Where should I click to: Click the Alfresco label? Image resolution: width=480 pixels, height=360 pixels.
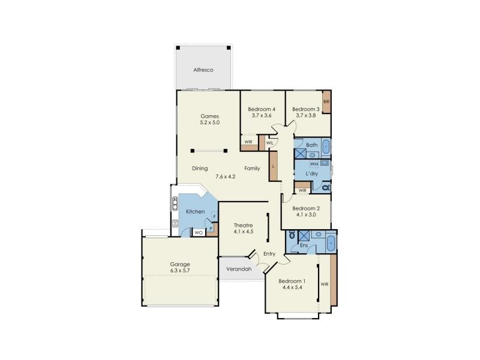203,70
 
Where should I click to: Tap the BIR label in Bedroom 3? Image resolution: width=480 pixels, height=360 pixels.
326,102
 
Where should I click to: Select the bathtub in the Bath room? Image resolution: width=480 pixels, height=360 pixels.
325,146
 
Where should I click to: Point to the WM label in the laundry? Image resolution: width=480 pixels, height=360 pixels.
314,164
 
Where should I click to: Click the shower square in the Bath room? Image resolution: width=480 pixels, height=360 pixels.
300,153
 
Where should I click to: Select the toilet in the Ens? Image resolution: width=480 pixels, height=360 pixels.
292,236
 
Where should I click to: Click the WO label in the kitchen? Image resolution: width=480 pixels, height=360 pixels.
198,232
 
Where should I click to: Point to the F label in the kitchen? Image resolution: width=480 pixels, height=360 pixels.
214,216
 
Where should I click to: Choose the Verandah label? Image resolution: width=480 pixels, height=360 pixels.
239,269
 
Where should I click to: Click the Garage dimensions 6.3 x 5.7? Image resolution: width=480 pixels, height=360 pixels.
180,271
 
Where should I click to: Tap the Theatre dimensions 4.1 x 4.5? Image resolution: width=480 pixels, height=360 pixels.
244,232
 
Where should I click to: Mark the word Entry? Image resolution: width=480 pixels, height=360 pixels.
269,254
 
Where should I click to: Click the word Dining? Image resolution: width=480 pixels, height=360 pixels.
200,169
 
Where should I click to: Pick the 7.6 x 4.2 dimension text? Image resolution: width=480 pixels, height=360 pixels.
226,176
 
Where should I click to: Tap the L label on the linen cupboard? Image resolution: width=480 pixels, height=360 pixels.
273,166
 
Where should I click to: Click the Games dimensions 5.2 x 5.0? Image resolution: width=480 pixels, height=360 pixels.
210,122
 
